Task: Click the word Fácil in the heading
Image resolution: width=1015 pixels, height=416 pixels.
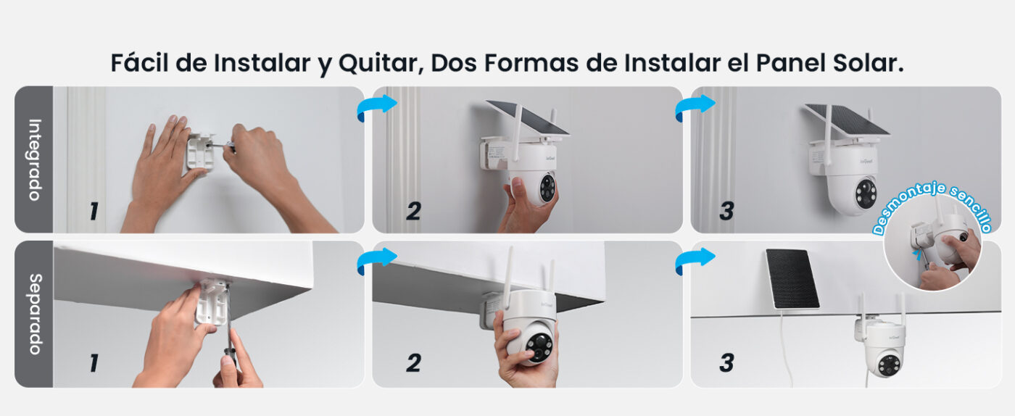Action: tap(139, 62)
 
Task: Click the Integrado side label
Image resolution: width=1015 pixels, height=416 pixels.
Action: tap(35, 159)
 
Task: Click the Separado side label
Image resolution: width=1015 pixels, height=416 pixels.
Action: tap(35, 314)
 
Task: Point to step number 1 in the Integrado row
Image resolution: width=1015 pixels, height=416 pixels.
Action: tap(94, 211)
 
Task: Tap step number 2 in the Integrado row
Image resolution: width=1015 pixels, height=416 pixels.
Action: tap(413, 211)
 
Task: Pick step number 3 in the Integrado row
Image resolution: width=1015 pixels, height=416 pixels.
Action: tap(726, 211)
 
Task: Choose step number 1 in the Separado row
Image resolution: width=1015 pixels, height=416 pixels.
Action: tap(94, 363)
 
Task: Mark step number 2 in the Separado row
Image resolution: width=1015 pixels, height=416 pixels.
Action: tap(413, 363)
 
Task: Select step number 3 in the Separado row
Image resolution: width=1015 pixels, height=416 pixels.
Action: tap(726, 363)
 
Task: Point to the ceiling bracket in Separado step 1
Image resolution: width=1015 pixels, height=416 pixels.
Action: tap(212, 301)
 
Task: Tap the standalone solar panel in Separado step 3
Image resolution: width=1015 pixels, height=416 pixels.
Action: tap(792, 279)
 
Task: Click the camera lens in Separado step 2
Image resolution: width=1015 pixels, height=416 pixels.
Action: tap(539, 346)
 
